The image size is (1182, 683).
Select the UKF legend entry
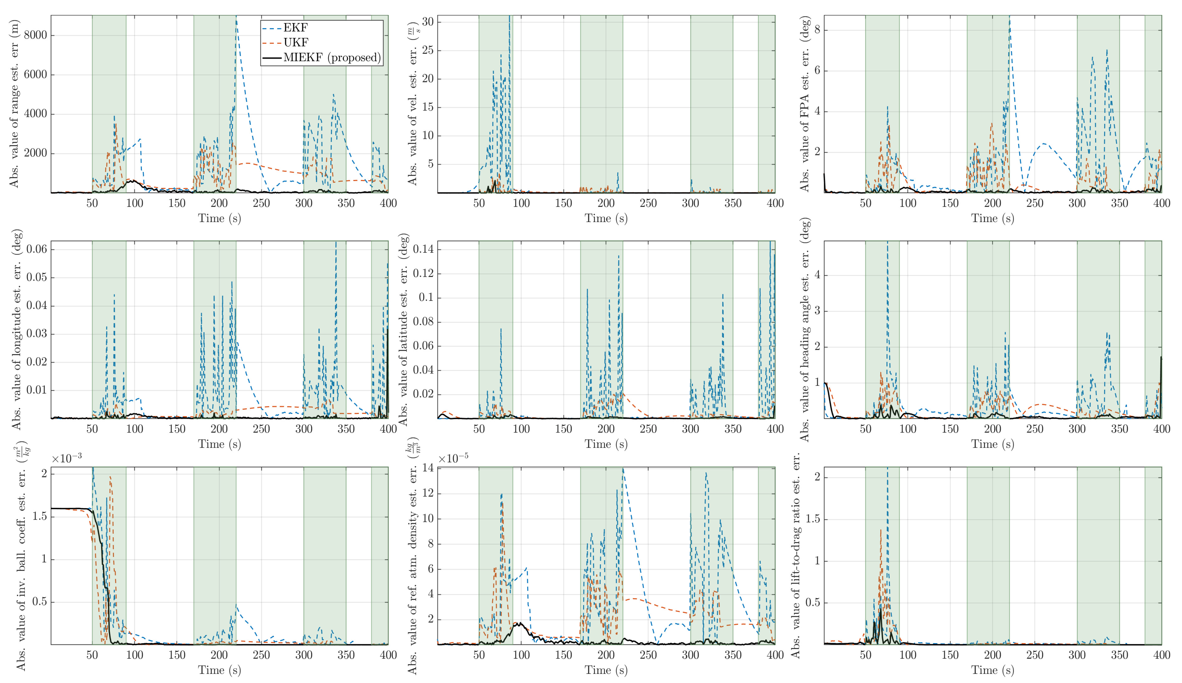296,43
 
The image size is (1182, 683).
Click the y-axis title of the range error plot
14,104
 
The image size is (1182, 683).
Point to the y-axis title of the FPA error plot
805,104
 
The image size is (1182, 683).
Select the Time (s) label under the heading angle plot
993,444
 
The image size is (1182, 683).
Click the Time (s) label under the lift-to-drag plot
993,670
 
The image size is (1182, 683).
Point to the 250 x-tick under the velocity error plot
648,204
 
